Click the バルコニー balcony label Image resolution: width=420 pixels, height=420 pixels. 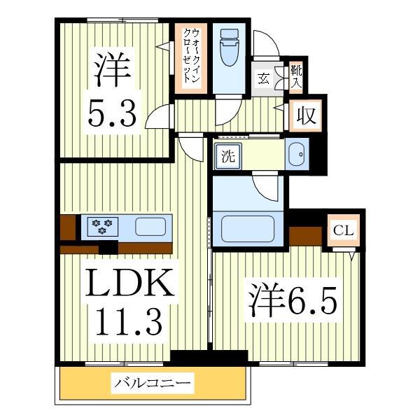(x=153, y=384)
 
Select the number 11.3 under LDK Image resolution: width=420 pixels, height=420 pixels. (x=129, y=321)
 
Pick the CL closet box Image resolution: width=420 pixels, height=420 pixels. (x=343, y=230)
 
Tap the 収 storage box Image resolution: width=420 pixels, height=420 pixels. (x=306, y=115)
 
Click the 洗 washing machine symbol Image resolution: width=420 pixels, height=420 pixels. (x=227, y=156)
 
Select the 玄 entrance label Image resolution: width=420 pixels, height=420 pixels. (x=264, y=77)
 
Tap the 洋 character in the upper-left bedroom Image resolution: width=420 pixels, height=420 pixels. (x=112, y=69)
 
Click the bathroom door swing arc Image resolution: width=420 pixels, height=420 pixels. (x=267, y=188)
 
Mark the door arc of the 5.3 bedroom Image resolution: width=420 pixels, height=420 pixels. (x=159, y=115)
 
